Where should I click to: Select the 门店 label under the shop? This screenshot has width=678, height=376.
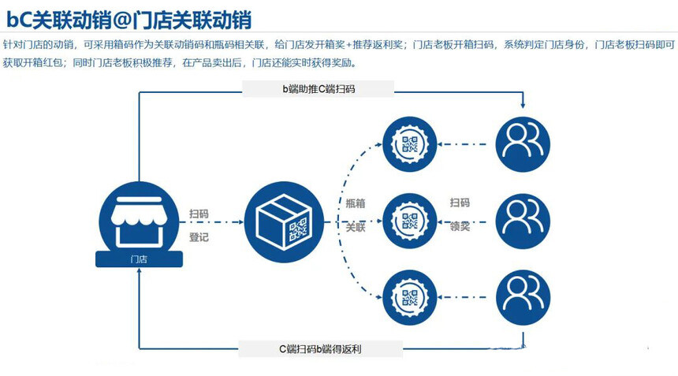pos(138,259)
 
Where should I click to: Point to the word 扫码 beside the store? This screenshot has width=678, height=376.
pos(199,214)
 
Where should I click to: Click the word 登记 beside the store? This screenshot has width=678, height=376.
pos(199,236)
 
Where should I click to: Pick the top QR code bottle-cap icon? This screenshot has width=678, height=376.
pos(409,144)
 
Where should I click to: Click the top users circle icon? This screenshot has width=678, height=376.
pos(522,144)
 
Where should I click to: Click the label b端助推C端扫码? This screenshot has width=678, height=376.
pos(319,89)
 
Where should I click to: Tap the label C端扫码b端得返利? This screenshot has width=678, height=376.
pos(320,348)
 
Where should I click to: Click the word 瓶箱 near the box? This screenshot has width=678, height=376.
pos(356,203)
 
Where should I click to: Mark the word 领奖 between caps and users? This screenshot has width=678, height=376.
pos(460,226)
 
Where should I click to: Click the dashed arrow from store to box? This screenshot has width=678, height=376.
pos(222,225)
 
